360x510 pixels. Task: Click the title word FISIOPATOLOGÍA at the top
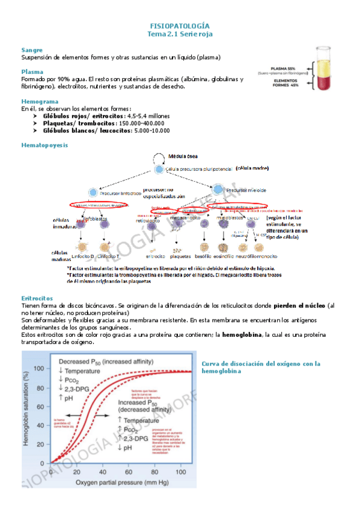pyautogui.click(x=180, y=26)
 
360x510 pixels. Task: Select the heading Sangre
pyautogui.click(x=32, y=50)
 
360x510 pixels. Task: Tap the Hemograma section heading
pyautogui.click(x=40, y=102)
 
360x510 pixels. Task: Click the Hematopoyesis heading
pyautogui.click(x=44, y=146)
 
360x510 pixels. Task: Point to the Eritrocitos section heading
pyautogui.click(x=37, y=298)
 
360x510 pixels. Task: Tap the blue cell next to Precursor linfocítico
pyautogui.click(x=93, y=192)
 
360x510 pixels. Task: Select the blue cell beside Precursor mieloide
pyautogui.click(x=218, y=189)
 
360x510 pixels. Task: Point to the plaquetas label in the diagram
pyautogui.click(x=181, y=256)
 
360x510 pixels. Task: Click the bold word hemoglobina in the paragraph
pyautogui.click(x=225, y=334)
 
